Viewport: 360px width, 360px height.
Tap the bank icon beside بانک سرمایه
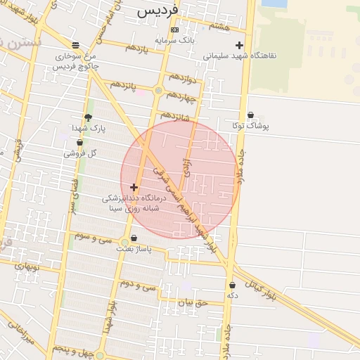[x=175, y=30]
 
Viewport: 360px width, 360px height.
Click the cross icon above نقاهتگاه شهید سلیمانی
[x=240, y=45]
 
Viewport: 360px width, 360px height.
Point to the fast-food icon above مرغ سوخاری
[x=75, y=45]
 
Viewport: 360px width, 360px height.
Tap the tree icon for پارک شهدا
[x=88, y=117]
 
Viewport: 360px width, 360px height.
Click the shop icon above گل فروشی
[x=79, y=143]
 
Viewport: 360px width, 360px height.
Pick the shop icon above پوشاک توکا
[x=251, y=115]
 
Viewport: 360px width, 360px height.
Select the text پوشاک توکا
[x=251, y=127]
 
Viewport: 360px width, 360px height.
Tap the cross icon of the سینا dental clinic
[x=134, y=187]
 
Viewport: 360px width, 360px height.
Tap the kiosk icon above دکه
[x=232, y=285]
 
